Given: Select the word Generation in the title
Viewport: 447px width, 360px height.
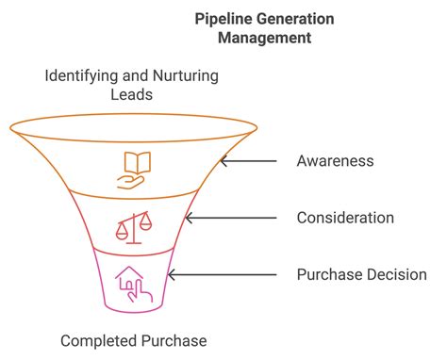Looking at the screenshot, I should coord(296,18).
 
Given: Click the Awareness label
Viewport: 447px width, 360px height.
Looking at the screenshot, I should coord(335,160).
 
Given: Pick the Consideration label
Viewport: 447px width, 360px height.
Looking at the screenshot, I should coord(344,218).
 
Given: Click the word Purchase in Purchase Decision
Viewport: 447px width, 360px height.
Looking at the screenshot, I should coord(325,275).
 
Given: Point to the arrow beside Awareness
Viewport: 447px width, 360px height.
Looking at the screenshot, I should coord(247,160).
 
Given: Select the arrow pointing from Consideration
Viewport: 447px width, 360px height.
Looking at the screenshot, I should coord(231,218).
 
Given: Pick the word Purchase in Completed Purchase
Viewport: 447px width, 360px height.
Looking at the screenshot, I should coord(173,340).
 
